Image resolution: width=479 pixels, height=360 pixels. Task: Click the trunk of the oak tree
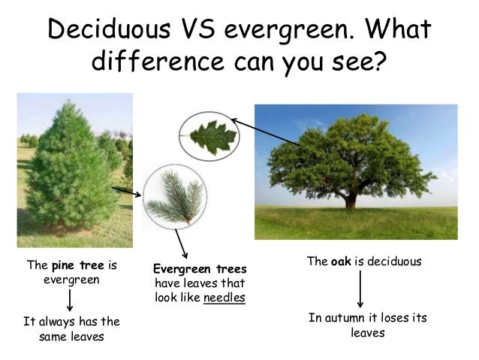(x=350, y=200)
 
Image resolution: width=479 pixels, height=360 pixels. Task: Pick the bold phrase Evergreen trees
(x=198, y=269)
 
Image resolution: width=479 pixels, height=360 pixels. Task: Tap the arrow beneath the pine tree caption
(x=69, y=299)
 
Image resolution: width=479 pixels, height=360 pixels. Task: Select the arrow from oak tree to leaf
(x=266, y=132)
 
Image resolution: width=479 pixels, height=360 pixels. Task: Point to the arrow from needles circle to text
(x=181, y=243)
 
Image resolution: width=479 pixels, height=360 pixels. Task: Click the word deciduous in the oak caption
(x=393, y=261)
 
